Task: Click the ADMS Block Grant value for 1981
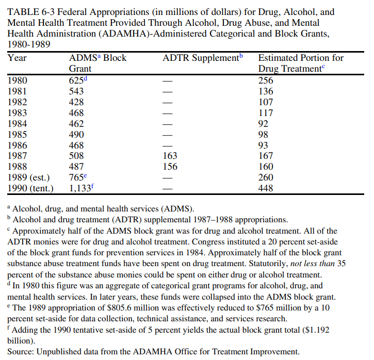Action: point(76,91)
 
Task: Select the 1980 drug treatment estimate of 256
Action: point(266,80)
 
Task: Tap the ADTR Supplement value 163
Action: point(170,156)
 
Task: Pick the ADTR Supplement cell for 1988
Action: point(170,167)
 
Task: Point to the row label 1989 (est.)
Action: point(28,178)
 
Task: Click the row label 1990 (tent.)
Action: point(30,189)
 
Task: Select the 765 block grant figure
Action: point(76,178)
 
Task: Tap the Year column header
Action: point(18,58)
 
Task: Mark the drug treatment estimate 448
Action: point(266,189)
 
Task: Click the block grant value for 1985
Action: point(76,135)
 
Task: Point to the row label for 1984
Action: point(18,124)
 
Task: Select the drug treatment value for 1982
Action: point(266,102)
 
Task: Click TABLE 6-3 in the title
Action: point(30,12)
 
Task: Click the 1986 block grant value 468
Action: point(76,145)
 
